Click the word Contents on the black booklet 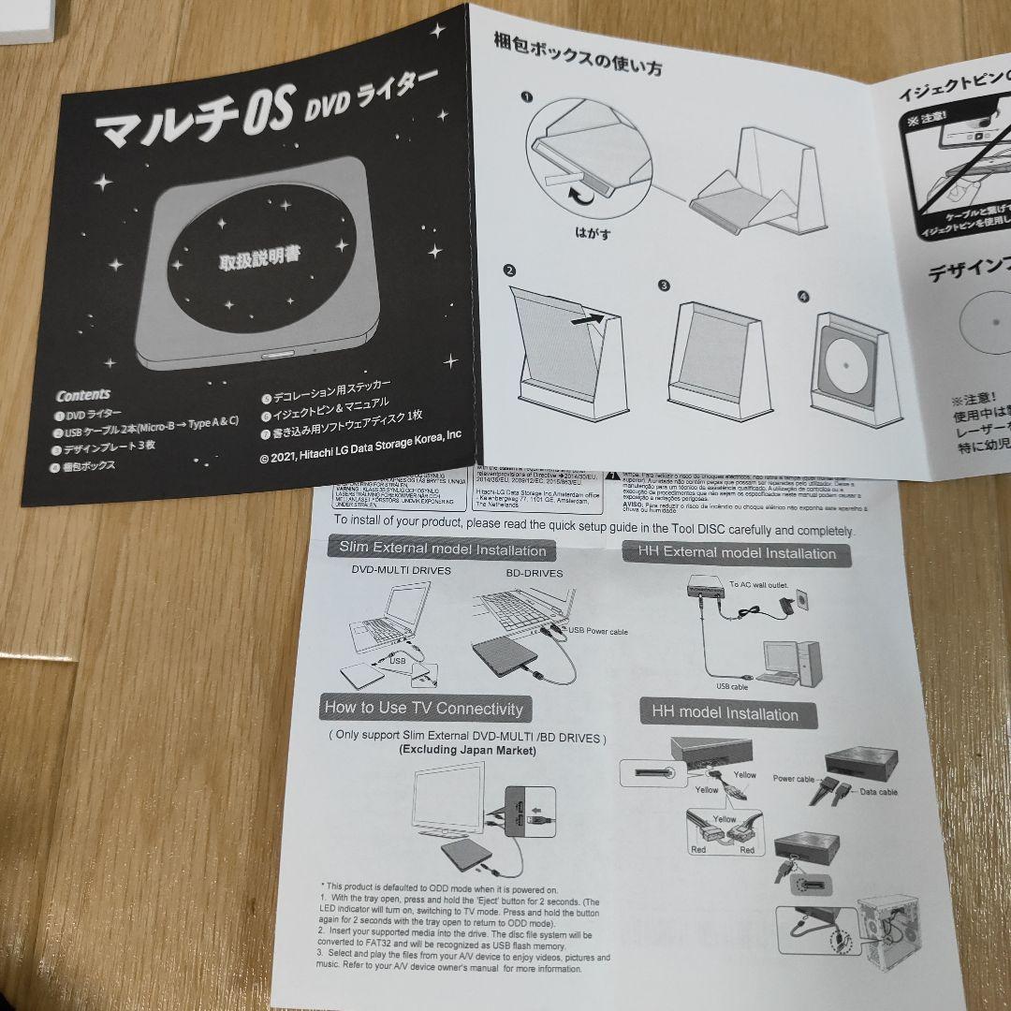pyautogui.click(x=83, y=394)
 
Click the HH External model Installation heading pyautogui.click(x=737, y=552)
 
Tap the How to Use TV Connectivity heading pyautogui.click(x=423, y=708)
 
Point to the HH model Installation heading pyautogui.click(x=725, y=714)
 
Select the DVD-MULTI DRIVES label pyautogui.click(x=401, y=570)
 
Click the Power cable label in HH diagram pyautogui.click(x=793, y=778)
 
